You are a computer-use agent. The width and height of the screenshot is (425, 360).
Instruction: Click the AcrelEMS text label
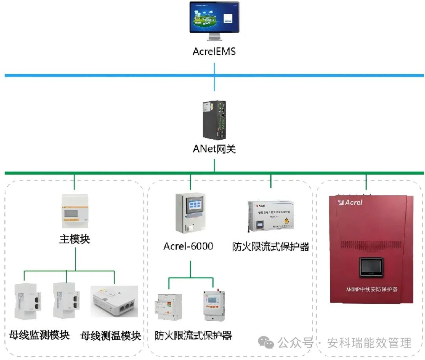point(214,52)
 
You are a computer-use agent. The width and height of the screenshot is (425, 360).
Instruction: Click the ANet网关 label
point(214,149)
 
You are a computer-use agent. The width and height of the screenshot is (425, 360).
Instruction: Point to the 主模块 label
point(75,239)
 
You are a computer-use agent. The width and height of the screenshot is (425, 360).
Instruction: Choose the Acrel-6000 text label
point(188,247)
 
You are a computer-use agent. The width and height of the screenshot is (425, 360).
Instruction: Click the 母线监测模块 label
point(39,335)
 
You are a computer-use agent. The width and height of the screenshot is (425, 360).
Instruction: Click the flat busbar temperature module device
point(115,301)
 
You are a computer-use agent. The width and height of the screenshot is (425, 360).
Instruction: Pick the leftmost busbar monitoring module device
point(25,301)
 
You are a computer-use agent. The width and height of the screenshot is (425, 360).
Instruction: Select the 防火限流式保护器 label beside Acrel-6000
point(271,247)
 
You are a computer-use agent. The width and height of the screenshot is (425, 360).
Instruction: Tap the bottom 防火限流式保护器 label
point(193,335)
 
